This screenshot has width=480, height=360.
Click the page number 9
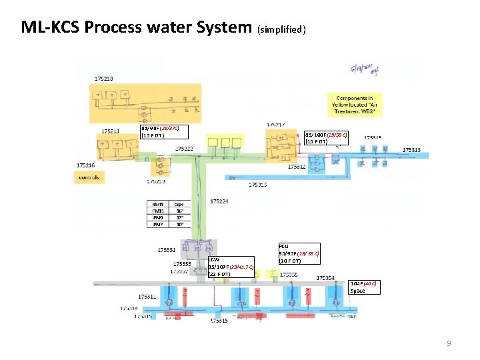tap(449, 343)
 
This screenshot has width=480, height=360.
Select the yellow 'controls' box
tap(89, 177)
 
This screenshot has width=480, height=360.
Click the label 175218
tap(103, 78)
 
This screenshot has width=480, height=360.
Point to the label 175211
tap(111, 131)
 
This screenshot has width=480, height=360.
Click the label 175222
tap(185, 148)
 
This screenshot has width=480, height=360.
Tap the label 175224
tap(220, 201)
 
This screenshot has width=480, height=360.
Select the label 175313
tap(412, 150)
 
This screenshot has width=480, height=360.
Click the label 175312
tap(297, 167)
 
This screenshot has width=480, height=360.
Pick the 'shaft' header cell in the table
tap(158, 204)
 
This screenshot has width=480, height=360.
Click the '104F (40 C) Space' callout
tap(365, 287)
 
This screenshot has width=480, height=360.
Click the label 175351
tap(167, 250)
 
